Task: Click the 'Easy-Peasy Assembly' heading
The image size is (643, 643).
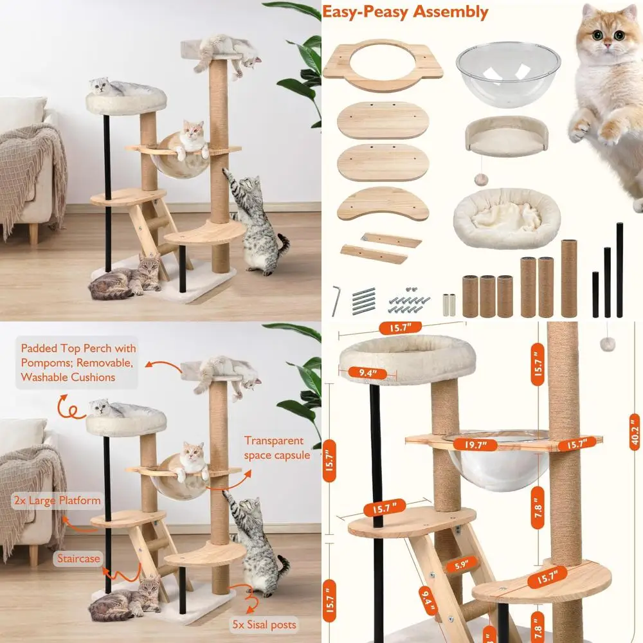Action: tap(404, 12)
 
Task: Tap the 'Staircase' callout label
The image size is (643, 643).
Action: tap(78, 558)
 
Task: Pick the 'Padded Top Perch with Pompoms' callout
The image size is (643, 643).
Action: tap(78, 363)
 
